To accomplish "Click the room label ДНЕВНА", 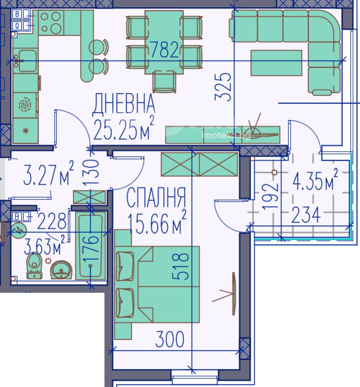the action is click(123, 104).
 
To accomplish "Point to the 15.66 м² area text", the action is click(157, 222).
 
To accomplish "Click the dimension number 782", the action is click(164, 49).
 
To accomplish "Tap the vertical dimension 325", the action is click(223, 87).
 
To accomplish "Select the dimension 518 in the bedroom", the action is click(180, 267).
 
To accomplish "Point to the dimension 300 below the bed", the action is click(170, 340).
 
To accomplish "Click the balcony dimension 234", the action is click(306, 215).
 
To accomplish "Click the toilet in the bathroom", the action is click(34, 265).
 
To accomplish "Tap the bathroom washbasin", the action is click(61, 270).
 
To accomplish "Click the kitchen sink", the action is click(25, 60).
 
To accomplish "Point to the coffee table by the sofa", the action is click(276, 63).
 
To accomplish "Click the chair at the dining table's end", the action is click(164, 81).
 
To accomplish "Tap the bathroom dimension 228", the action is click(51, 220).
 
